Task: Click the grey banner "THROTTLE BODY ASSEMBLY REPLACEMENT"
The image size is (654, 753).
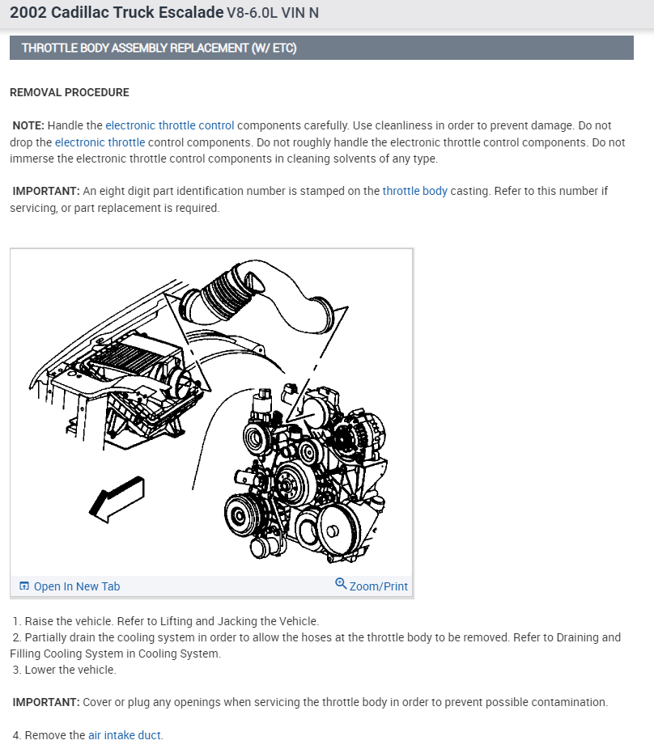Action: [x=159, y=48]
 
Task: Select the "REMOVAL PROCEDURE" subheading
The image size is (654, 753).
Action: [x=70, y=92]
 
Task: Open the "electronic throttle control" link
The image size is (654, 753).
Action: [x=169, y=125]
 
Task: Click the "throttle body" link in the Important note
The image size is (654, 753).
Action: [x=414, y=191]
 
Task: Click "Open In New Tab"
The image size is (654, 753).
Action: [x=76, y=586]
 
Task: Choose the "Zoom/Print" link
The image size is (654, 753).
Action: [x=378, y=586]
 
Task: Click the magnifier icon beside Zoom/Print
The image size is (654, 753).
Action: [x=341, y=584]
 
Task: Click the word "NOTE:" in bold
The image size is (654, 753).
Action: [x=28, y=125]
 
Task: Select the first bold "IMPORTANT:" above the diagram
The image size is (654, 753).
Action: [x=46, y=191]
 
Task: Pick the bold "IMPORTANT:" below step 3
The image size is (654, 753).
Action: [x=46, y=702]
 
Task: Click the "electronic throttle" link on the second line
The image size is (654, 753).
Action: [x=100, y=142]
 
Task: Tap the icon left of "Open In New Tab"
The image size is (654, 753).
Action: [x=24, y=586]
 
